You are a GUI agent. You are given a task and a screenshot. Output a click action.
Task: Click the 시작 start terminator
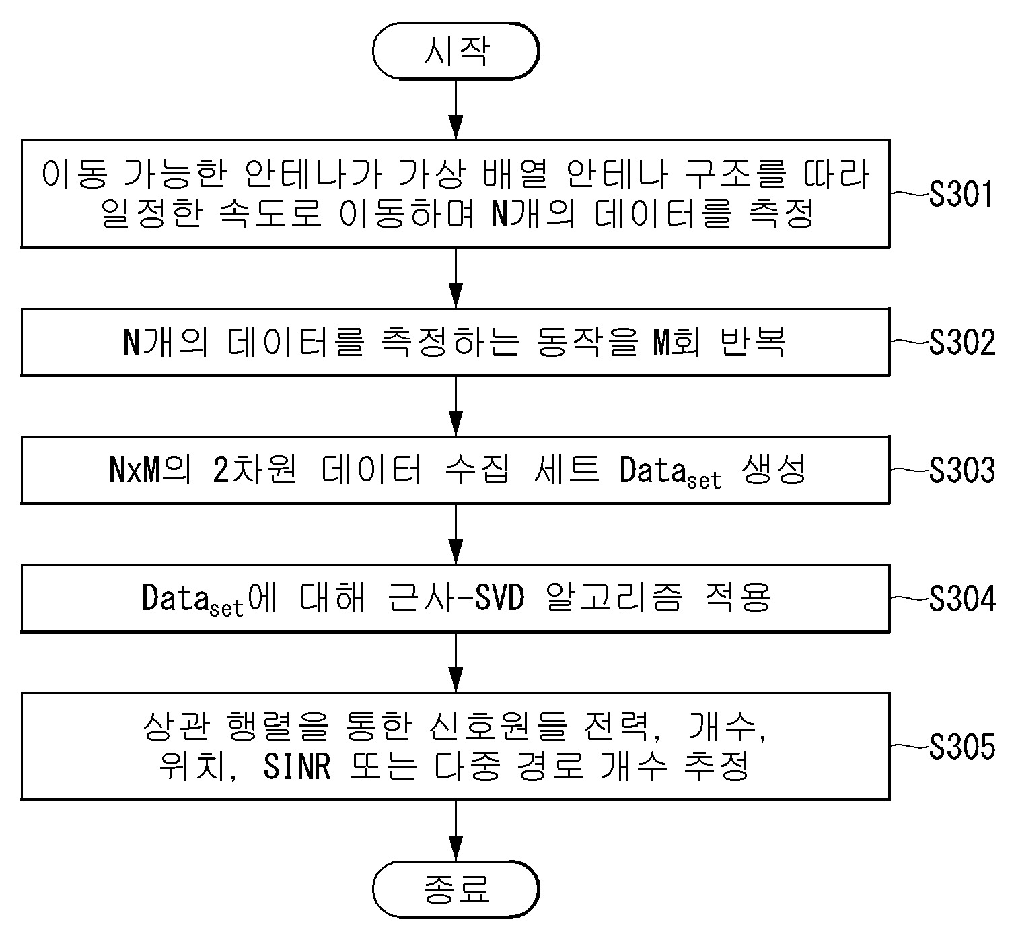point(456,51)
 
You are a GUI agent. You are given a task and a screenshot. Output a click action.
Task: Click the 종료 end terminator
point(456,889)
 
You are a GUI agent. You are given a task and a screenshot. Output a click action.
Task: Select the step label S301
point(961,195)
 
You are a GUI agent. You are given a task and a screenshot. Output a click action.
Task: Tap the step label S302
point(962,342)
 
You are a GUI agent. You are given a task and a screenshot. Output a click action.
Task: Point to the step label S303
point(962,470)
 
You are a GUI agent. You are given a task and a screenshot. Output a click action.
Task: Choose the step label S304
point(962,599)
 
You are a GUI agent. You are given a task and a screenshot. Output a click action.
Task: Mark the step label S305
point(962,747)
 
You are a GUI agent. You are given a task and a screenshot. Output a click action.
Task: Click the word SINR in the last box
point(297,767)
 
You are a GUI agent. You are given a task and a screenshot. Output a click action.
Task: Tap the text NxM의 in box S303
point(150,470)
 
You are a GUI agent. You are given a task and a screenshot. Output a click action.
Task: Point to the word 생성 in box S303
point(774,469)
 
